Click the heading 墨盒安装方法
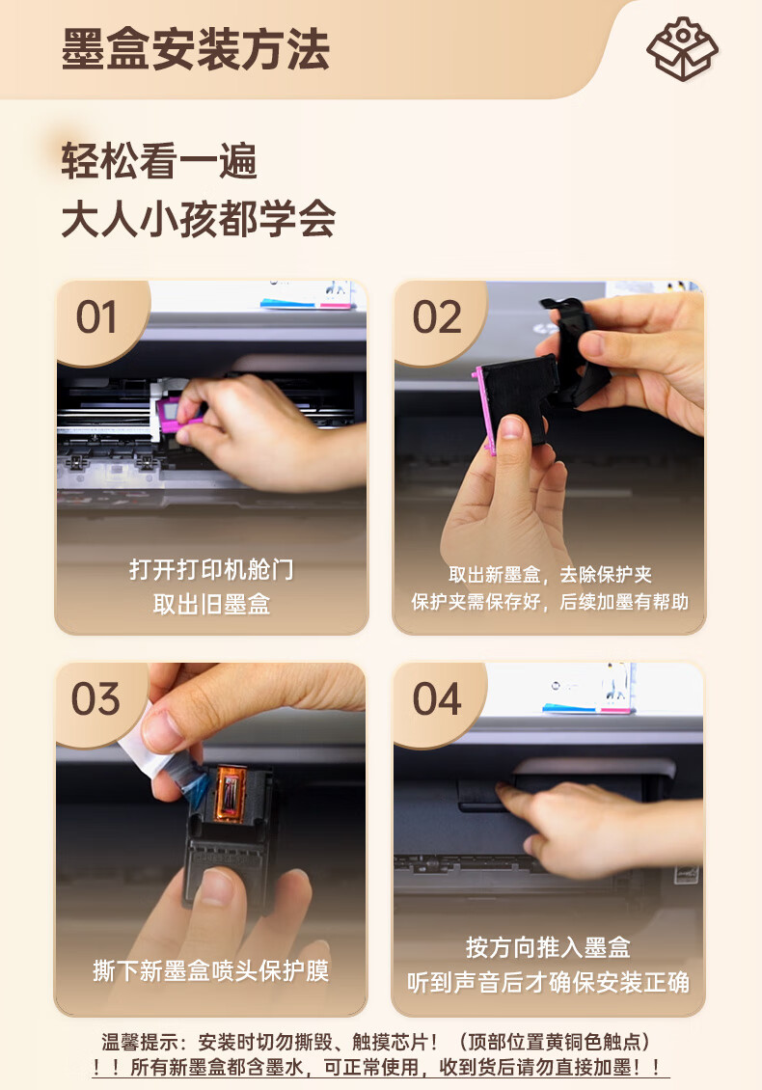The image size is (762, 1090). (x=196, y=49)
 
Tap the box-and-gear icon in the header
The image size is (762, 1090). (x=682, y=48)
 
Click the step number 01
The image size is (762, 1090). (x=96, y=317)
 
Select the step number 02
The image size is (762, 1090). (x=437, y=317)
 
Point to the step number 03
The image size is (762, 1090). (x=95, y=698)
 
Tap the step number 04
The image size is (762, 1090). (x=437, y=698)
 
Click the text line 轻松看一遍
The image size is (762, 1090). (x=159, y=160)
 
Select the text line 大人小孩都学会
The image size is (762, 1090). (x=199, y=219)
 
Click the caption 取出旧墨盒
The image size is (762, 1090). (x=211, y=604)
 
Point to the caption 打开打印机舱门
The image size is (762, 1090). (x=211, y=570)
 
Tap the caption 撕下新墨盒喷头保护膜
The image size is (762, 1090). (x=210, y=970)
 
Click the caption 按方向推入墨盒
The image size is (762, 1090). (x=548, y=947)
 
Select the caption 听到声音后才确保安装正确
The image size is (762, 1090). (x=548, y=982)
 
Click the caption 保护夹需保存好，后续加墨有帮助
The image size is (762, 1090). (x=549, y=602)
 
